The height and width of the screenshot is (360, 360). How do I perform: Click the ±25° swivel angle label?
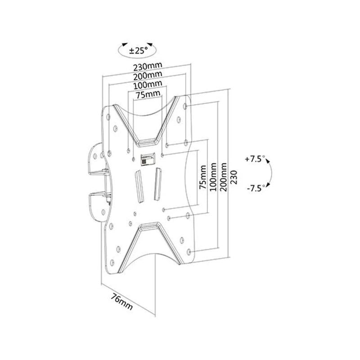(x=139, y=50)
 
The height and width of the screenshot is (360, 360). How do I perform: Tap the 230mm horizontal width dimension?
(x=148, y=66)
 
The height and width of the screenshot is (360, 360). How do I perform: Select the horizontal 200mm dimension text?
(x=148, y=76)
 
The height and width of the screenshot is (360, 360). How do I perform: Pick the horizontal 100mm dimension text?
(x=148, y=85)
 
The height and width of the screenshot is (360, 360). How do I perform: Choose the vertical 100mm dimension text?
(x=213, y=177)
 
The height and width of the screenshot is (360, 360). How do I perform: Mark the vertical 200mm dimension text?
(x=223, y=177)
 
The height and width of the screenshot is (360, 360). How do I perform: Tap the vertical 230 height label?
(x=234, y=177)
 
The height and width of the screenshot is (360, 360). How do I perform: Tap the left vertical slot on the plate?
(x=139, y=186)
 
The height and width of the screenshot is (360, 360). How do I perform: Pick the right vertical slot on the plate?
(x=158, y=184)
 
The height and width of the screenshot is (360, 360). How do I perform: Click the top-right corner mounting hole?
(x=185, y=106)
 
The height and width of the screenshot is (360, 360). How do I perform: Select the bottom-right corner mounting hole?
(x=189, y=252)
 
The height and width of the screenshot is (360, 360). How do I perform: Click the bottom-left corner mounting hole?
(x=112, y=262)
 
